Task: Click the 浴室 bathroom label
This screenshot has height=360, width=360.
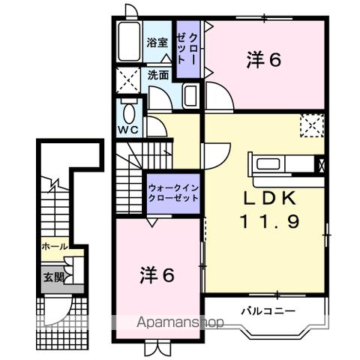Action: pos(157,43)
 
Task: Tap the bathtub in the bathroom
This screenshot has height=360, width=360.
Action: pos(129,43)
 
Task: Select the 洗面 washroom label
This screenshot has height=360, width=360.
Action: pos(157,75)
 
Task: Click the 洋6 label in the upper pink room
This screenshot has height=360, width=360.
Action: pos(263,61)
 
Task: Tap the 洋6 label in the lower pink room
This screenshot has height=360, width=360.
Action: pos(157,274)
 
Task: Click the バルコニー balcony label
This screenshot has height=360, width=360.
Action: pos(268,310)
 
